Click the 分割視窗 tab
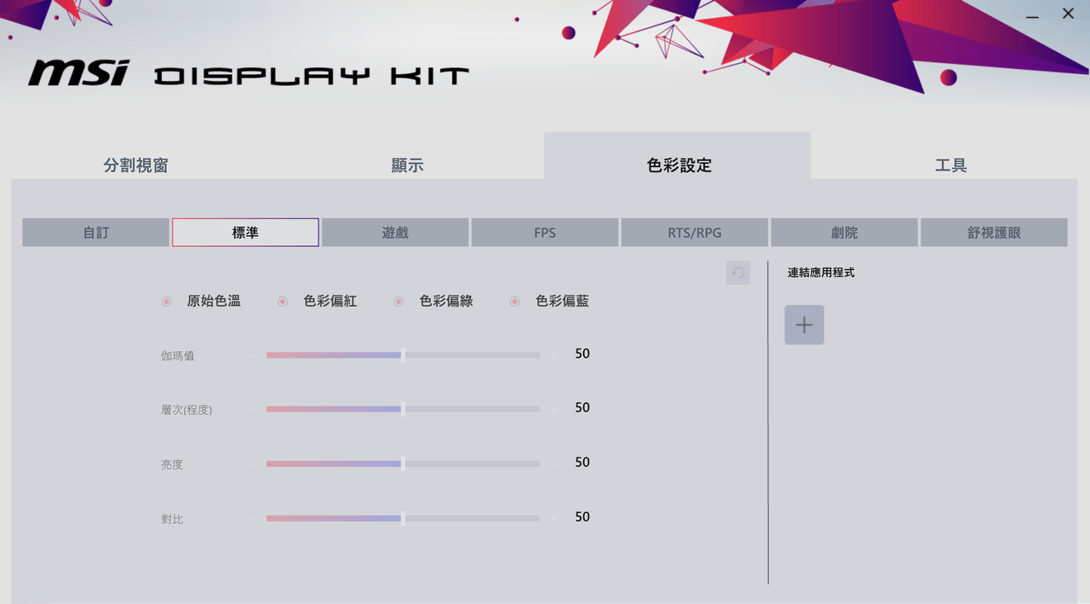[x=135, y=165]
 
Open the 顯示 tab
[x=407, y=165]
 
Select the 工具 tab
[x=951, y=165]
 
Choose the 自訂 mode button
[x=96, y=233]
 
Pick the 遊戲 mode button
[x=395, y=233]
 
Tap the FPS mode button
[x=544, y=233]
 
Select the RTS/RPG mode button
[x=694, y=233]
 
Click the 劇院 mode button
[x=844, y=233]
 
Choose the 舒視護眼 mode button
[x=994, y=233]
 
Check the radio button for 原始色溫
[x=166, y=302]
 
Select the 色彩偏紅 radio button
[x=282, y=302]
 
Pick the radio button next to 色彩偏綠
[x=399, y=302]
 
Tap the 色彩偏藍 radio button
[x=514, y=302]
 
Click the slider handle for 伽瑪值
[x=403, y=355]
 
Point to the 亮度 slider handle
[x=403, y=463]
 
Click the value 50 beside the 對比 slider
[x=582, y=516]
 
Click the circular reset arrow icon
[x=738, y=273]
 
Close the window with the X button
[x=1068, y=14]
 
